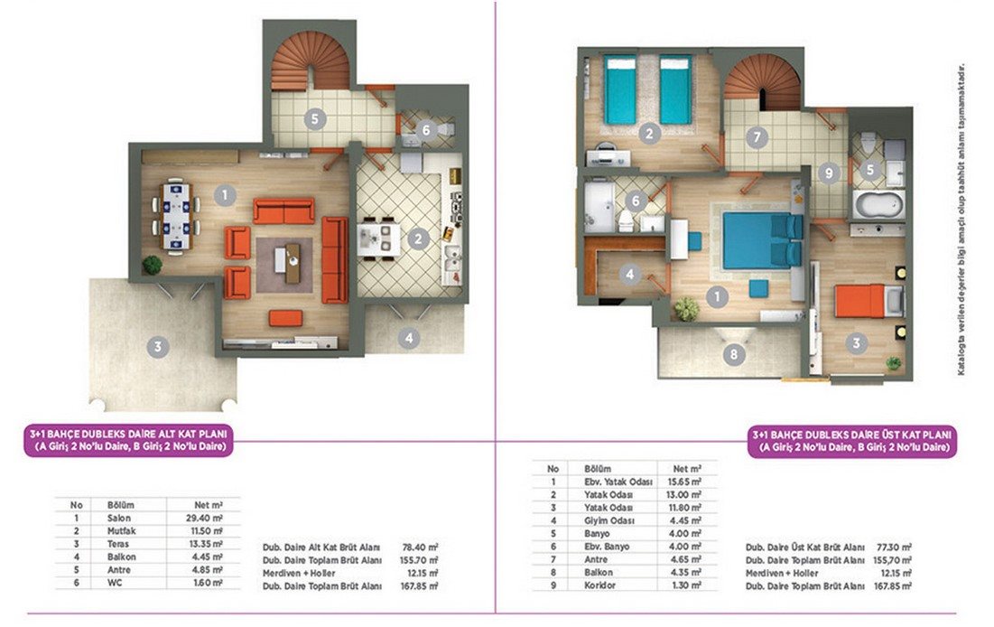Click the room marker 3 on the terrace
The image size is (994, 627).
tap(158, 347)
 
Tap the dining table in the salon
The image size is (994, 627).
tap(176, 216)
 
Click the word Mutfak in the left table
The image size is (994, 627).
tap(121, 531)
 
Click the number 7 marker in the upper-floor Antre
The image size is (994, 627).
tap(757, 137)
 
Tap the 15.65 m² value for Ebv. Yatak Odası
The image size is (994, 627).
tap(686, 482)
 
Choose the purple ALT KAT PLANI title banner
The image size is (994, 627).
tap(129, 441)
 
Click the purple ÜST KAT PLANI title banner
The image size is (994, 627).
tap(851, 441)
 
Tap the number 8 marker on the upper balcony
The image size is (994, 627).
tap(734, 354)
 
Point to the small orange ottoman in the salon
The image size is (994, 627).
tap(285, 317)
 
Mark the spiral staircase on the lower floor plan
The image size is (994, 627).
tap(311, 62)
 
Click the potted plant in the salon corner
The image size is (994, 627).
tap(153, 264)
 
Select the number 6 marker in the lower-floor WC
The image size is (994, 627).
tap(425, 130)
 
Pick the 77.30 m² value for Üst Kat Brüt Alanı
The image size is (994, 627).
tap(894, 547)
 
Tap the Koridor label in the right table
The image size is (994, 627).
tap(599, 585)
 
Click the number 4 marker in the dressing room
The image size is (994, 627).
tap(629, 274)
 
